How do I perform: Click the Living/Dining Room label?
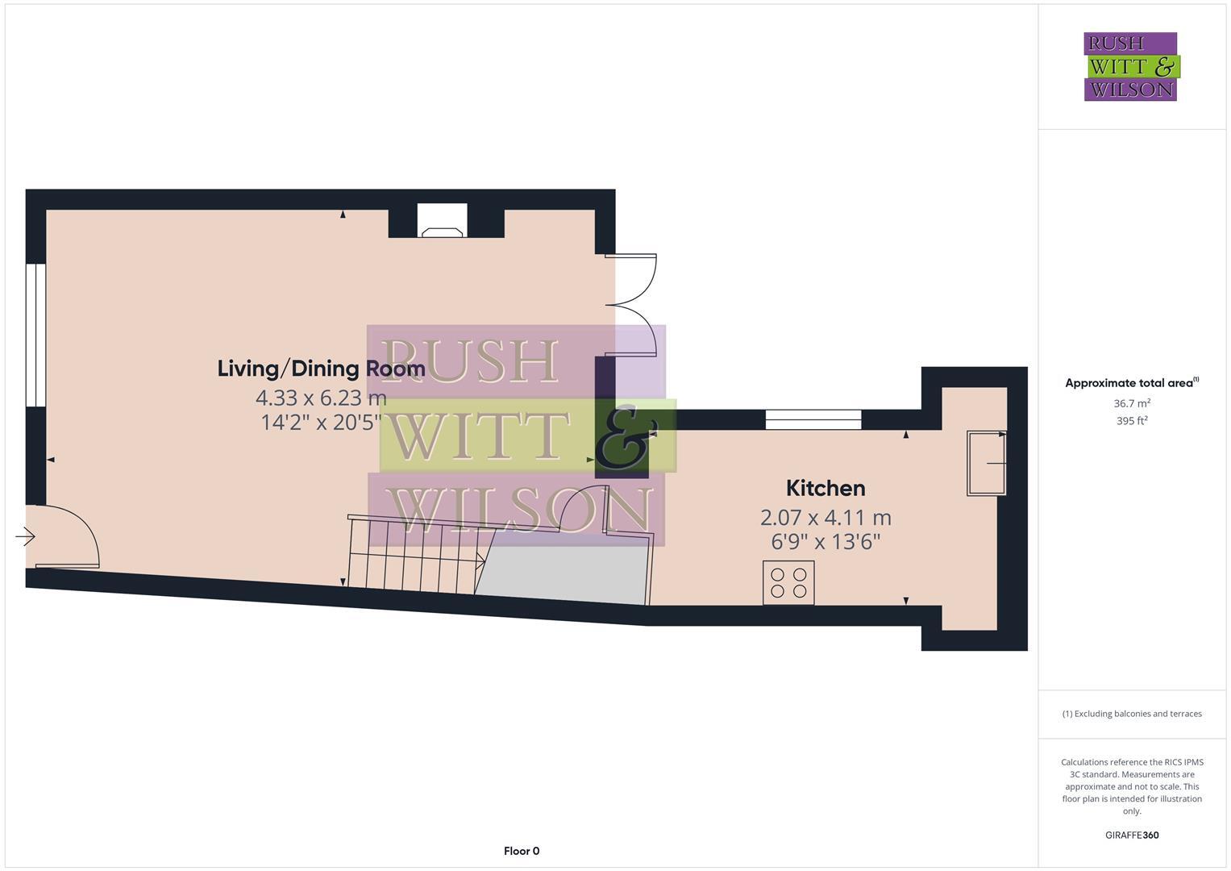click(321, 369)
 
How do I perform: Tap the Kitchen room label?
click(826, 488)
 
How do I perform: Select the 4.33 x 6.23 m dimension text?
click(321, 398)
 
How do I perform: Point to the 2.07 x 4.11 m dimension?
click(826, 517)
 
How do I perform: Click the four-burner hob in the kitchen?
click(788, 582)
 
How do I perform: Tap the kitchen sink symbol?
click(986, 463)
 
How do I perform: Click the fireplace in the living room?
click(442, 223)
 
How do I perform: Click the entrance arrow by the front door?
click(25, 536)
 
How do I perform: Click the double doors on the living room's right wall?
click(633, 305)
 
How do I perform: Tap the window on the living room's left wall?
click(35, 334)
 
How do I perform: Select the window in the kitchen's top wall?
click(813, 419)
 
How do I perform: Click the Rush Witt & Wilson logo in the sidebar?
click(1130, 66)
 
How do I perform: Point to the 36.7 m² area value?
click(1132, 403)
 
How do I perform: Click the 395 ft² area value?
click(1132, 421)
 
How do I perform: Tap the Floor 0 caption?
click(521, 851)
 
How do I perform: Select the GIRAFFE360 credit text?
click(1132, 836)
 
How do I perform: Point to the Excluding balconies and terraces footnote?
click(1132, 714)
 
